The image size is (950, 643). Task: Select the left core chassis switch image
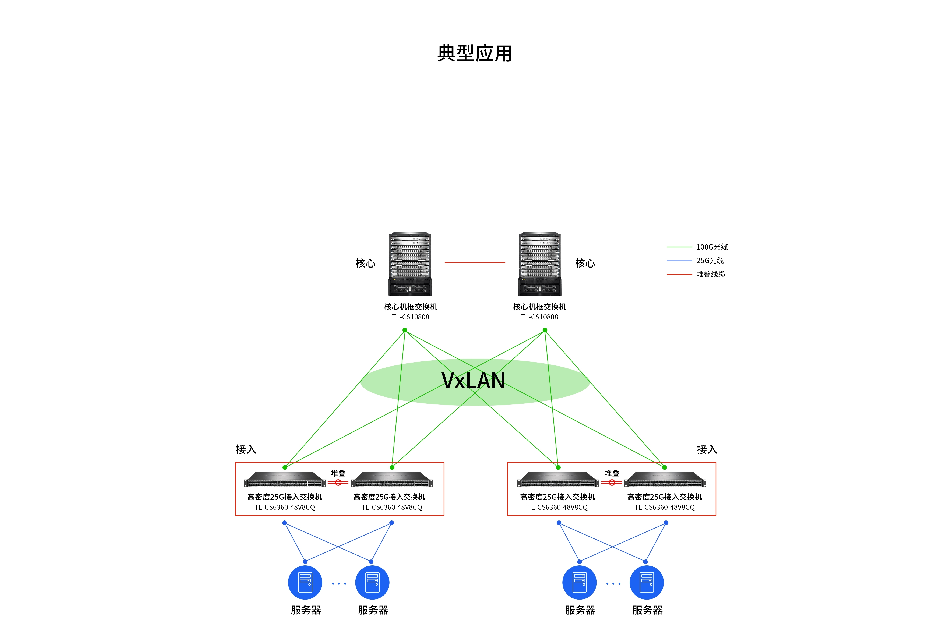tap(410, 264)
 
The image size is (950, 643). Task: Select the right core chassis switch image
tap(540, 264)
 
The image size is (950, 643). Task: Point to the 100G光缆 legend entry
tap(712, 247)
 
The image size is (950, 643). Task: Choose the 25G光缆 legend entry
tap(710, 260)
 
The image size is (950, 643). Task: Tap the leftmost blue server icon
tap(305, 583)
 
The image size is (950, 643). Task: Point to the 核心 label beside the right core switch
tap(585, 263)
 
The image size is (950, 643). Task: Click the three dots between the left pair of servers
tap(339, 584)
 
